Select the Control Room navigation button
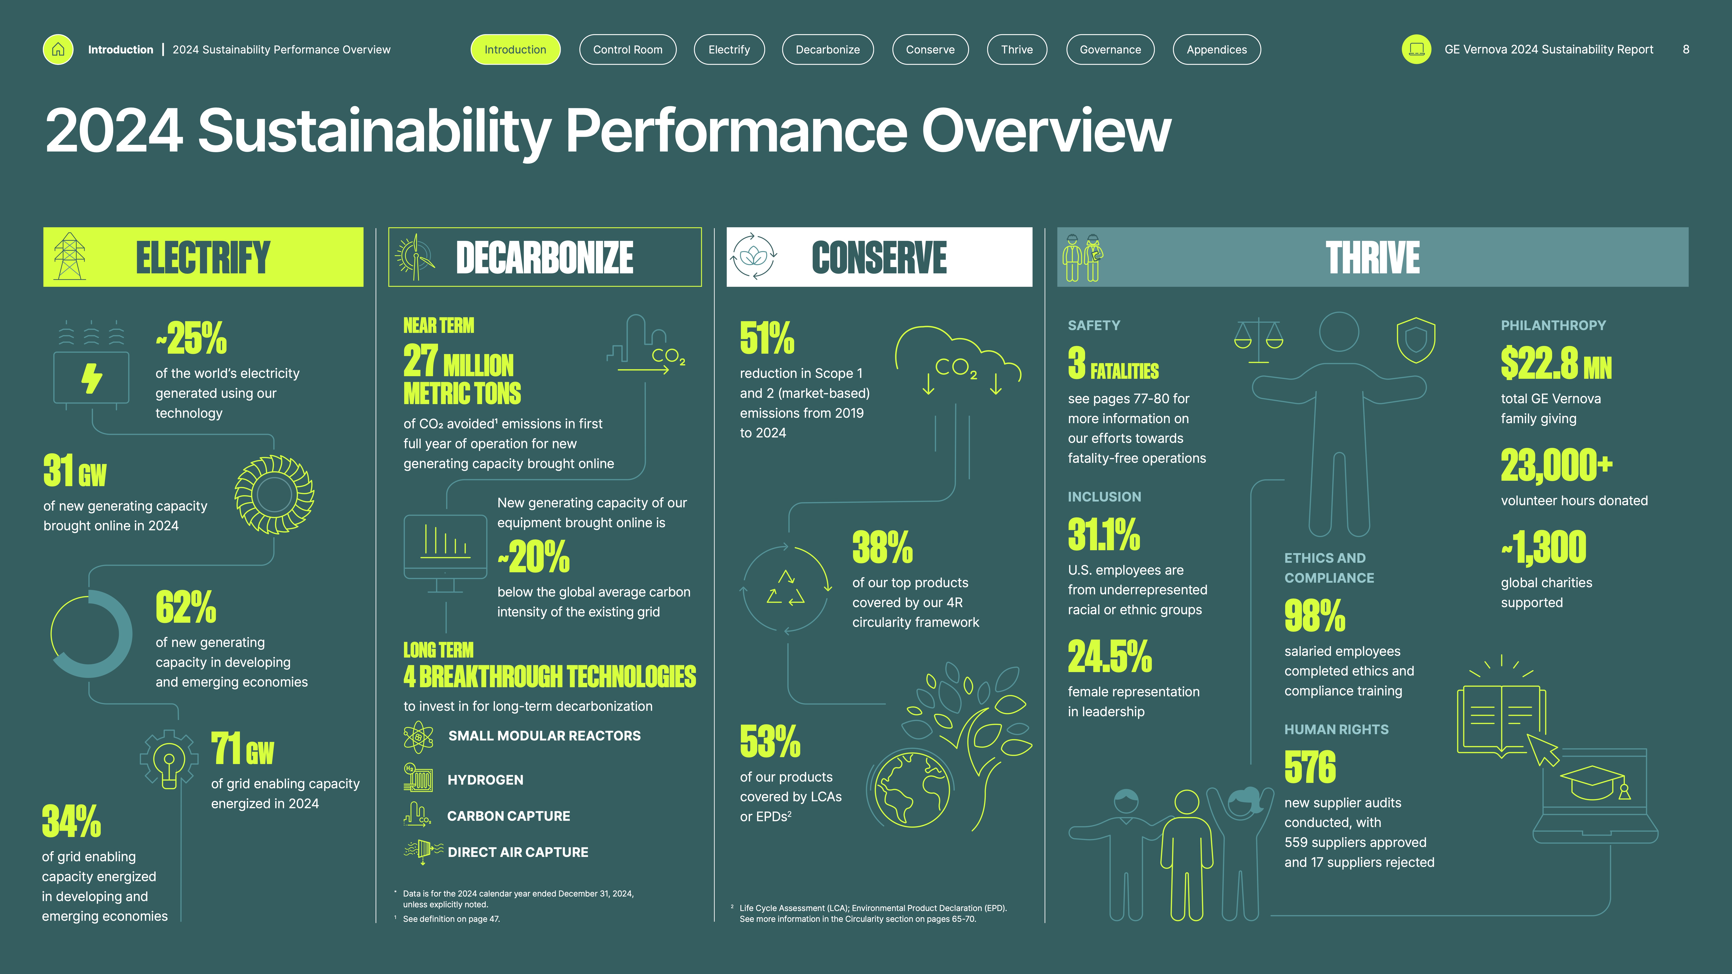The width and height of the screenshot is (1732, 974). click(627, 50)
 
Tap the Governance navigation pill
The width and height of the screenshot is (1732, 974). click(1110, 50)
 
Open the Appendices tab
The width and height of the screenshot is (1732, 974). click(1216, 50)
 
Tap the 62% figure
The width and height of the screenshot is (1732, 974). click(186, 607)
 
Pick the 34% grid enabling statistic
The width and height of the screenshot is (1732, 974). click(71, 821)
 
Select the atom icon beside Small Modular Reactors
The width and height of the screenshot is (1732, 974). click(418, 737)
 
